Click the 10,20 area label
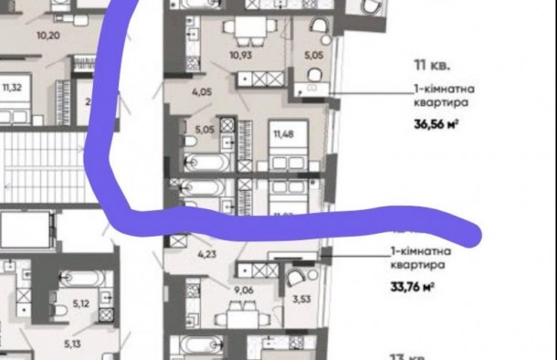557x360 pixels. (48, 37)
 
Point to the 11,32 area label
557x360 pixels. (12, 88)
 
